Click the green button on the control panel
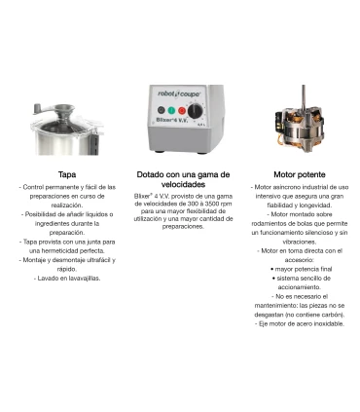[x=171, y=110]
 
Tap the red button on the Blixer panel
[x=182, y=111]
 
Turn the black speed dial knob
[x=195, y=111]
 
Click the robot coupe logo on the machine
[x=179, y=94]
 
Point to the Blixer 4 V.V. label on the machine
[x=171, y=120]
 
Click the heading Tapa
[x=67, y=174]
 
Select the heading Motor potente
[x=300, y=174]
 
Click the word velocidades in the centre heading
[x=183, y=184]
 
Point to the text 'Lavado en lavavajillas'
[x=67, y=279]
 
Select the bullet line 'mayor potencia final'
[x=302, y=269]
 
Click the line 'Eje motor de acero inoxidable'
[x=300, y=323]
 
